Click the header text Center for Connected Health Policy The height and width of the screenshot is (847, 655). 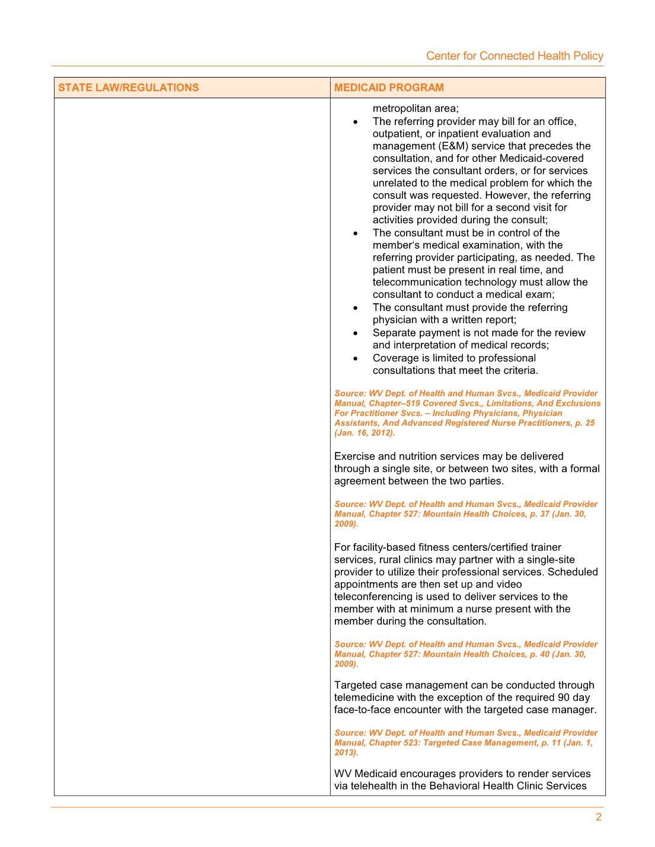(515, 56)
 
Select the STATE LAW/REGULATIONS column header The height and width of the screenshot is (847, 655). (129, 88)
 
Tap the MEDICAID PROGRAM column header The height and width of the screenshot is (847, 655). (389, 88)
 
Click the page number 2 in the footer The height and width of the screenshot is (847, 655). (598, 817)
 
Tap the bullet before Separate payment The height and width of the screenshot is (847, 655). (355, 333)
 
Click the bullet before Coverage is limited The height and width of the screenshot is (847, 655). (355, 358)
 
